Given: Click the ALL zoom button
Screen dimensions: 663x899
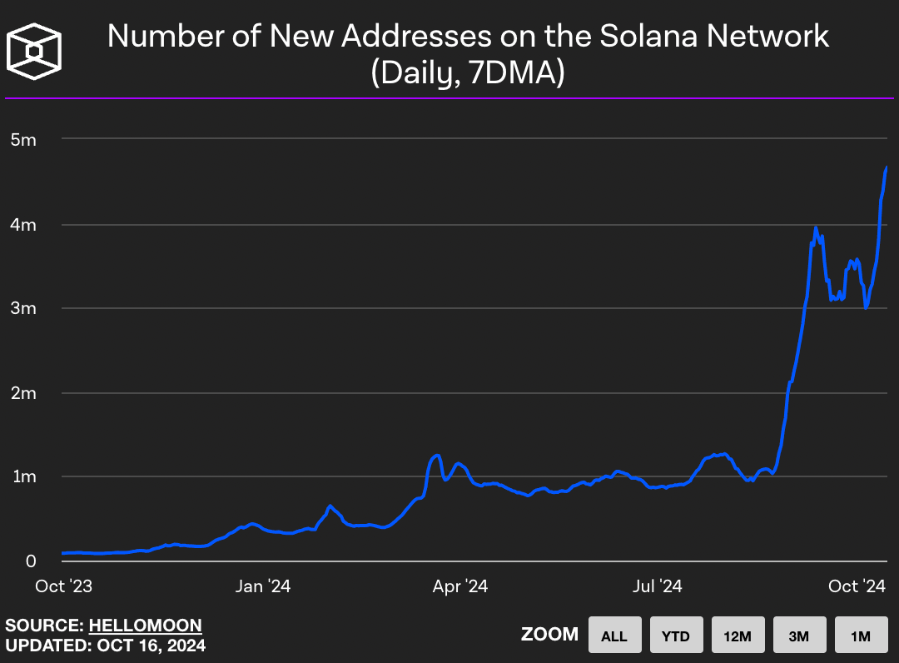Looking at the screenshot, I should tap(614, 636).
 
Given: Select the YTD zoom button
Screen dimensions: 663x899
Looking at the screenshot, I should tap(676, 636).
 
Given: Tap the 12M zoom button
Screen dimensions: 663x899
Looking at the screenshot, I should tap(738, 636).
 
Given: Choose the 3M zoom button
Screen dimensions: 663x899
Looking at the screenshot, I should tap(799, 636).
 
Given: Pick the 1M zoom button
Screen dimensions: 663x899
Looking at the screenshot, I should tap(861, 636).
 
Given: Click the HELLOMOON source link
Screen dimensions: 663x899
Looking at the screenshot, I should tap(146, 625).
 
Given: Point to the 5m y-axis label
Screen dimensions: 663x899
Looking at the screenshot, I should tap(24, 139).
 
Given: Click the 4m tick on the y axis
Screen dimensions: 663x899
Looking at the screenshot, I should tap(24, 224).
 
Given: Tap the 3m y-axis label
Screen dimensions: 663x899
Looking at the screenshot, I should tap(24, 308).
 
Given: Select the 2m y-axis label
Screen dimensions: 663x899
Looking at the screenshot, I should tap(24, 392).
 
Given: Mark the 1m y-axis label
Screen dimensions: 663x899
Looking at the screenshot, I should tap(24, 476).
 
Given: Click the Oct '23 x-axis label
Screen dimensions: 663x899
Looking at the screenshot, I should tap(63, 586).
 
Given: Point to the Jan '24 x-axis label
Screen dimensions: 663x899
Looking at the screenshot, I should tap(262, 586).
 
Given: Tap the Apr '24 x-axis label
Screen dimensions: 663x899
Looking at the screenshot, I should tap(460, 586).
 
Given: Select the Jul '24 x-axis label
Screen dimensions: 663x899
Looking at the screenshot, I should tap(658, 586).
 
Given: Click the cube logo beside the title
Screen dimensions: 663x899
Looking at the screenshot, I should tap(34, 52).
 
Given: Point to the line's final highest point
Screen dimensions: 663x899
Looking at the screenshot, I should tap(887, 167).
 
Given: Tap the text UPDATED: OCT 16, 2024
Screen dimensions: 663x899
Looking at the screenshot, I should tap(105, 645).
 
